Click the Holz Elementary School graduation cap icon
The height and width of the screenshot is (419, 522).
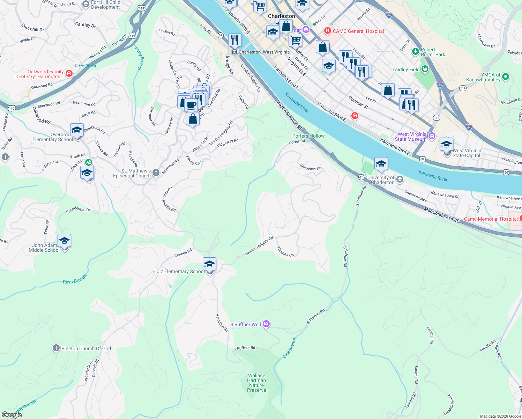point(209,264)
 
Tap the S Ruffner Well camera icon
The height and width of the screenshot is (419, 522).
point(266,324)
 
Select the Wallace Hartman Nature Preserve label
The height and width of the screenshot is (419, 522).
point(256,383)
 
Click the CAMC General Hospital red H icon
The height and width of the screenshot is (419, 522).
point(327,31)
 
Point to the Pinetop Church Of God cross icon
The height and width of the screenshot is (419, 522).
point(56,348)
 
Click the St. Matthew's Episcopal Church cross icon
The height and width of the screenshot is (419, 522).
point(156,172)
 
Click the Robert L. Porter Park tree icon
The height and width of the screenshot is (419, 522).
point(415,52)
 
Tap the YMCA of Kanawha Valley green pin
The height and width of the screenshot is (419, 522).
point(506,76)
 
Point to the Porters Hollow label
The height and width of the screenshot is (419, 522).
point(308,136)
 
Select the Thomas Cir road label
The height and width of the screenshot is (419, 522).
point(285,252)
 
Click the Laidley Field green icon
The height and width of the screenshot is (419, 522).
point(425,69)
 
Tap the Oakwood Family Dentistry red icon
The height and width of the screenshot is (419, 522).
point(69,73)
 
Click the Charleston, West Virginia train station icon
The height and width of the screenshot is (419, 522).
point(235,52)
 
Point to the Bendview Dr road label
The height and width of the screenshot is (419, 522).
point(310,167)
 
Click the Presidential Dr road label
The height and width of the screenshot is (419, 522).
point(78,210)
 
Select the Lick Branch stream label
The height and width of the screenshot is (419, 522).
point(290,347)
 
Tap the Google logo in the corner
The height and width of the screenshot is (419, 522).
point(12,414)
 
